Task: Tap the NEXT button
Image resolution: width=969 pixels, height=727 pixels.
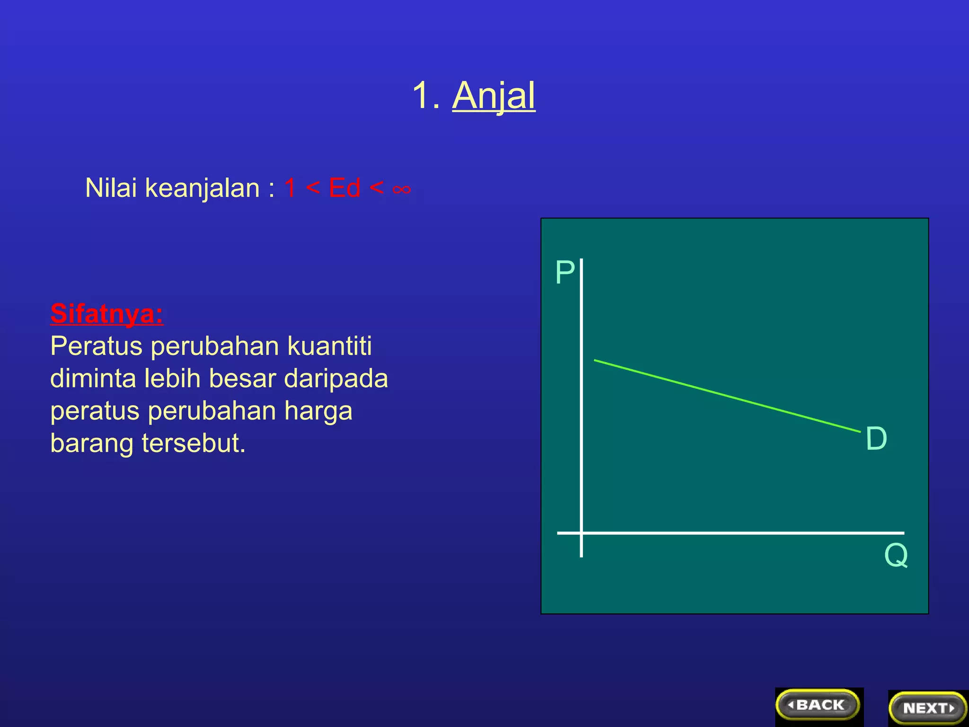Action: [x=928, y=708]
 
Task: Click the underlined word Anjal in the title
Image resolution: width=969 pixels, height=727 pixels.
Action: [x=493, y=96]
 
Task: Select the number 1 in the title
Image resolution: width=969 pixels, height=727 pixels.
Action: [x=421, y=96]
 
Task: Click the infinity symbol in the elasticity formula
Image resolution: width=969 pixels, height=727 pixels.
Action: [x=402, y=189]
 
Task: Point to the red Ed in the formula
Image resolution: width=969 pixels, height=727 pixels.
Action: [x=344, y=188]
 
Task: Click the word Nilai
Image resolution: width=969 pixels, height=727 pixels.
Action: [x=112, y=188]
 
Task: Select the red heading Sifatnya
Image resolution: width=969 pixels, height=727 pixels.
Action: [x=107, y=313]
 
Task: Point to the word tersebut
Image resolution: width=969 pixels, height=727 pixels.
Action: [x=194, y=443]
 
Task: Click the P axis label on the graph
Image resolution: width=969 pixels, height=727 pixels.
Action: [x=564, y=273]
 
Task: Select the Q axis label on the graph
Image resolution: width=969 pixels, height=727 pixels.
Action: [x=896, y=555]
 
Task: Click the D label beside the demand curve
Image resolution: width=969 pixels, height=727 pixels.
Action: [x=876, y=438]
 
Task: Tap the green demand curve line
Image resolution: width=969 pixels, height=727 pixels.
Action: [x=727, y=396]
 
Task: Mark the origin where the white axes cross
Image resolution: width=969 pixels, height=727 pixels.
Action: [x=581, y=533]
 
